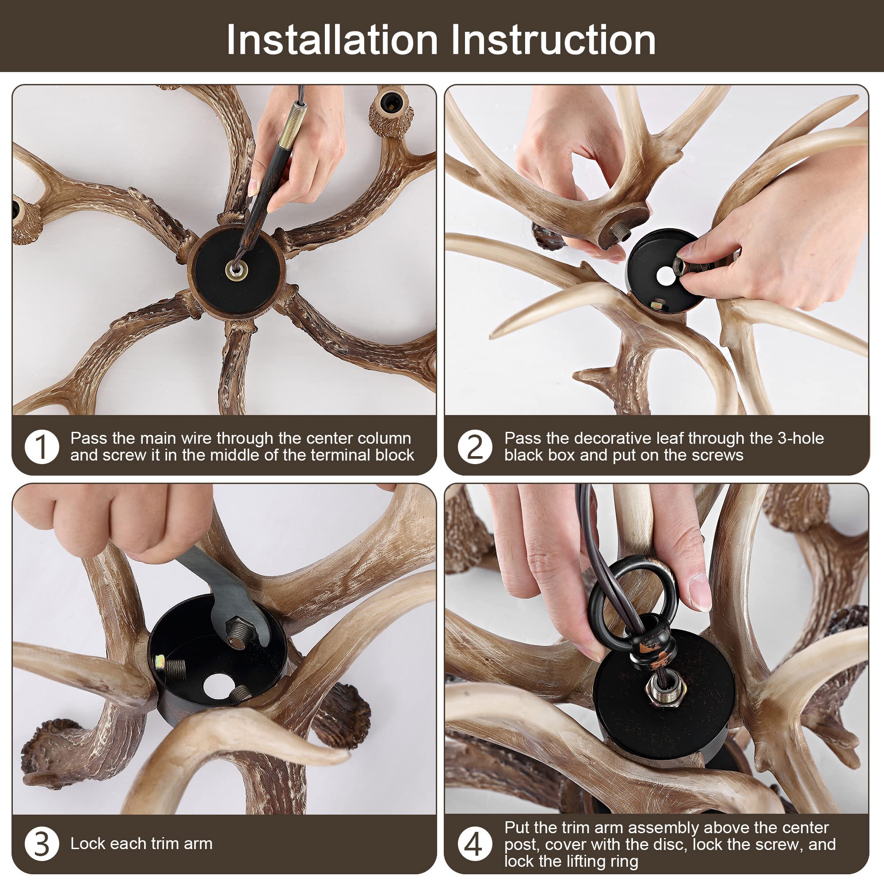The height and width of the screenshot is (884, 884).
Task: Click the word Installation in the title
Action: pyautogui.click(x=332, y=40)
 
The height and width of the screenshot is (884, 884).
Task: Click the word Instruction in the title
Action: pyautogui.click(x=553, y=40)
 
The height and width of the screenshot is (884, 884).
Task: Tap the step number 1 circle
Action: pyautogui.click(x=42, y=447)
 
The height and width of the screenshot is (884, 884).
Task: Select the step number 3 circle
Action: pyautogui.click(x=42, y=844)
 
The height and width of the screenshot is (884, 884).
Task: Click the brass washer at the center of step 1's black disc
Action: pyautogui.click(x=236, y=271)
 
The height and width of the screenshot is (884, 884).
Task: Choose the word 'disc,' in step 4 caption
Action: pyautogui.click(x=669, y=845)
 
